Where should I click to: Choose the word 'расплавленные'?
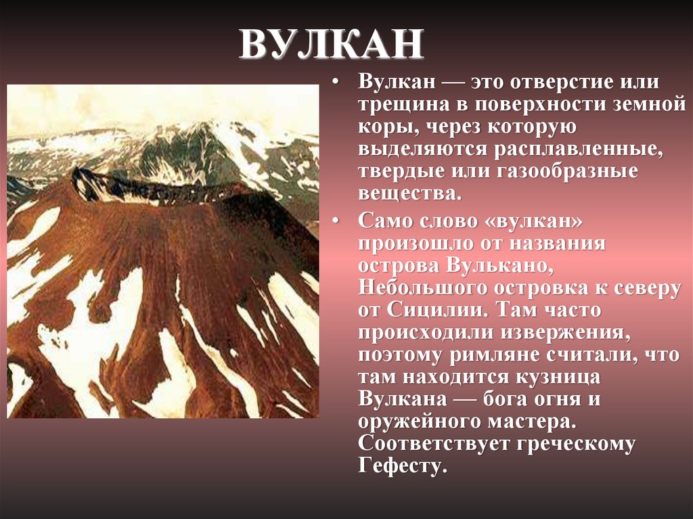click(579, 149)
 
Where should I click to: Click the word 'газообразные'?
click(567, 171)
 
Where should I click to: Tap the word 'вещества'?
click(407, 194)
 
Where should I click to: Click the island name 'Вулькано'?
click(499, 266)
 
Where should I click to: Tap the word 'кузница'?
click(558, 377)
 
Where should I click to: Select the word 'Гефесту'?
click(403, 466)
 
